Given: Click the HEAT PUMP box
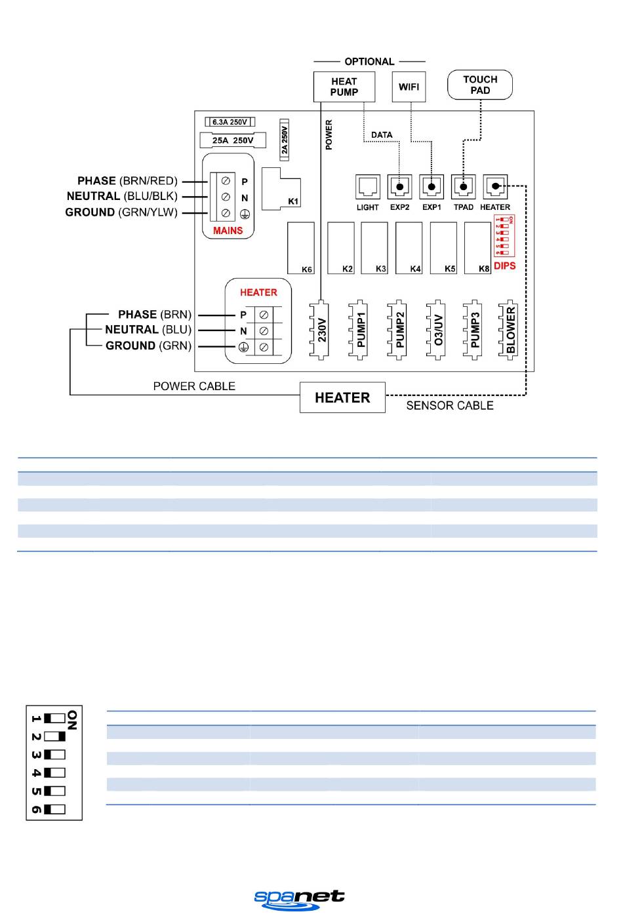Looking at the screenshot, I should coord(344,87).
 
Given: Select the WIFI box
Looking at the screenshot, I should coord(409,87).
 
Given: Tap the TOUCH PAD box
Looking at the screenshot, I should coord(479,85).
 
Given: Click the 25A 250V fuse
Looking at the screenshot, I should coord(232,140).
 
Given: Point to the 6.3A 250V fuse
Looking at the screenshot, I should coord(230,122).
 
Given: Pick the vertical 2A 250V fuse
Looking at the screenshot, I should coord(285,137).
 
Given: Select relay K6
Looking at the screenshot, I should coord(300,247).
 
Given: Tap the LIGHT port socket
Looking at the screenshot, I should coord(367,187).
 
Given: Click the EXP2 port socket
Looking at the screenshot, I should coord(399,187).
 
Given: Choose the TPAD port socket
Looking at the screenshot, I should coord(464,187).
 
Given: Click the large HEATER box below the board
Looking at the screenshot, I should coord(342,397).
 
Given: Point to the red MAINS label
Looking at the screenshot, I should coord(228,231).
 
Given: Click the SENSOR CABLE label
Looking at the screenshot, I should coord(449,406).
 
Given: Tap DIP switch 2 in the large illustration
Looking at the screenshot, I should coord(55,736).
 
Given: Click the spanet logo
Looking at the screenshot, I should coord(299,899).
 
